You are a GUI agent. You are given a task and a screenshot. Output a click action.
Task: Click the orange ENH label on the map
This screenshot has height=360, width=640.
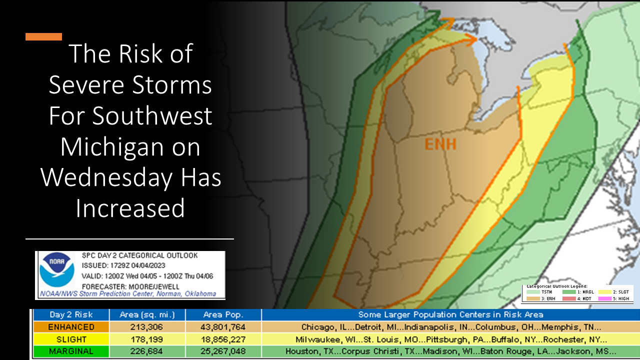[440, 144]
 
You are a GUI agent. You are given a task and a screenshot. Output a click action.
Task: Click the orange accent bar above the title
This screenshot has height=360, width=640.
[43, 36]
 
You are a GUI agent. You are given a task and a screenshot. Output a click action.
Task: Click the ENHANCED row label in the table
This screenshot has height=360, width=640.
[71, 327]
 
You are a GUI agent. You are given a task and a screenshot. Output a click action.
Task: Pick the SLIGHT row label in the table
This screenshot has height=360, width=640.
[71, 339]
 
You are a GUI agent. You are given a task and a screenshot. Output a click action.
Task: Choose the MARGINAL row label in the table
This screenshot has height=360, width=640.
[71, 351]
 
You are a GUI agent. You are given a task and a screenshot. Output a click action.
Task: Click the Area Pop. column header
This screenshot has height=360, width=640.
[223, 315]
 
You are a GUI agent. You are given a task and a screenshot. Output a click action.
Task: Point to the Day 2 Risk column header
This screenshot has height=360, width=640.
[71, 315]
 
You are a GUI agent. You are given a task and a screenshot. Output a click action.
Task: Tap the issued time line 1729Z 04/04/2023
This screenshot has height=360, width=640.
[123, 265]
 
